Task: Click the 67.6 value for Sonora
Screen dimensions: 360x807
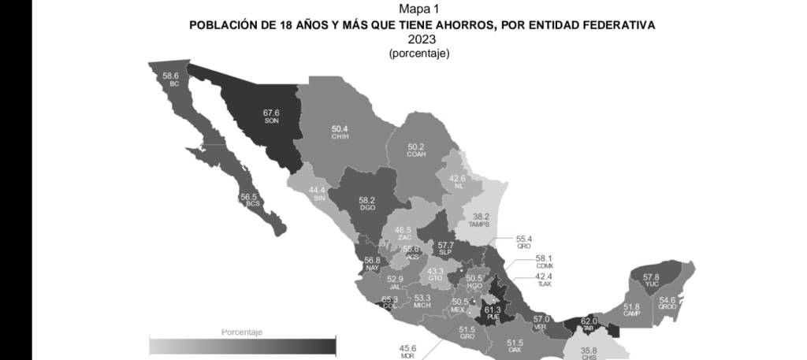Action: (271, 113)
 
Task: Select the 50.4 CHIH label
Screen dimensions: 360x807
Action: (340, 132)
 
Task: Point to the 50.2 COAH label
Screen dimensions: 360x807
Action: (416, 150)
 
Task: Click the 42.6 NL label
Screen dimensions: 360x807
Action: (457, 181)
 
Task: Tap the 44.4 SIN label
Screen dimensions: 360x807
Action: (318, 194)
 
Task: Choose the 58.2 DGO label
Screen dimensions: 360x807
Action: (367, 204)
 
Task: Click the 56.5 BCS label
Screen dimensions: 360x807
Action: (250, 200)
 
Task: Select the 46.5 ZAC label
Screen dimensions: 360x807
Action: (403, 233)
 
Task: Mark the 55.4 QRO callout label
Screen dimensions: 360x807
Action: (525, 241)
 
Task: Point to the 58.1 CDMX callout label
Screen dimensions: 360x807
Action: (545, 262)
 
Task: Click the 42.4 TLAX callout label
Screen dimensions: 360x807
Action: (545, 280)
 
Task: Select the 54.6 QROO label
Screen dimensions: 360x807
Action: (668, 303)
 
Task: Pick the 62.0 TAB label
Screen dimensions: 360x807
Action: (589, 324)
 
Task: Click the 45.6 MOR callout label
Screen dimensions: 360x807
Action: (407, 351)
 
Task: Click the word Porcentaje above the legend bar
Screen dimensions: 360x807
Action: (241, 332)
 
